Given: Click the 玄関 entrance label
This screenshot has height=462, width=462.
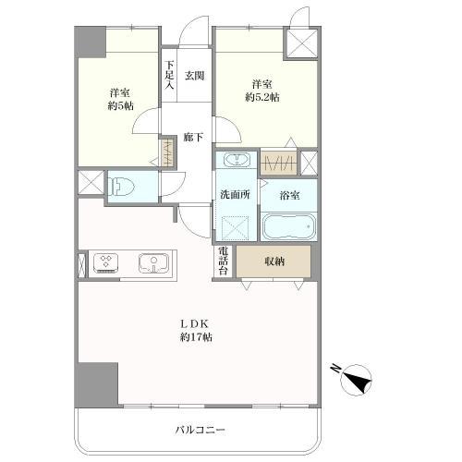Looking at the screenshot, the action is pyautogui.click(x=194, y=76).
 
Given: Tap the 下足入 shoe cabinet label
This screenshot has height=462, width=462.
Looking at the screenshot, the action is pyautogui.click(x=169, y=76).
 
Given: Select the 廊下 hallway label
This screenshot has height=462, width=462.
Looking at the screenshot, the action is pyautogui.click(x=193, y=137).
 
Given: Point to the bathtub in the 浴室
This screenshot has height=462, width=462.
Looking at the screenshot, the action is pyautogui.click(x=288, y=226).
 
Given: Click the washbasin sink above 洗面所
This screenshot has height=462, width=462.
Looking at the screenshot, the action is pyautogui.click(x=237, y=160).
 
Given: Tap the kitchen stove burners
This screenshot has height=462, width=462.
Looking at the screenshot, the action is pyautogui.click(x=106, y=263).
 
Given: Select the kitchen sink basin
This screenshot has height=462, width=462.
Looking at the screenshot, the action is pyautogui.click(x=153, y=263).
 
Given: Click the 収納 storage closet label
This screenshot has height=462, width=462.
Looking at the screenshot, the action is pyautogui.click(x=274, y=261).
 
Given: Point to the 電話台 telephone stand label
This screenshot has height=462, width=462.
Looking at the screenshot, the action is pyautogui.click(x=224, y=261).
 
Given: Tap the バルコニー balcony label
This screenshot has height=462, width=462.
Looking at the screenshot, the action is pyautogui.click(x=201, y=430).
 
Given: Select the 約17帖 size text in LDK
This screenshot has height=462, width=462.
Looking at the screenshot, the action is pyautogui.click(x=196, y=337).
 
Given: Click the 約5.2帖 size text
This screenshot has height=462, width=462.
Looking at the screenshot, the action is pyautogui.click(x=262, y=98).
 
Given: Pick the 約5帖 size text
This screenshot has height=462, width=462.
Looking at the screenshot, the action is pyautogui.click(x=120, y=106).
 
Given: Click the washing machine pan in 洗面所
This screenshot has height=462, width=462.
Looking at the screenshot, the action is pyautogui.click(x=236, y=228).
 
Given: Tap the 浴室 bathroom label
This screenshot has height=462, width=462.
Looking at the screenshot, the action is pyautogui.click(x=290, y=195).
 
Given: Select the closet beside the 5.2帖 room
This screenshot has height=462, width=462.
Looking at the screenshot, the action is pyautogui.click(x=278, y=163).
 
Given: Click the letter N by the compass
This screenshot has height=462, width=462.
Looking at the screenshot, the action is pyautogui.click(x=335, y=368).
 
